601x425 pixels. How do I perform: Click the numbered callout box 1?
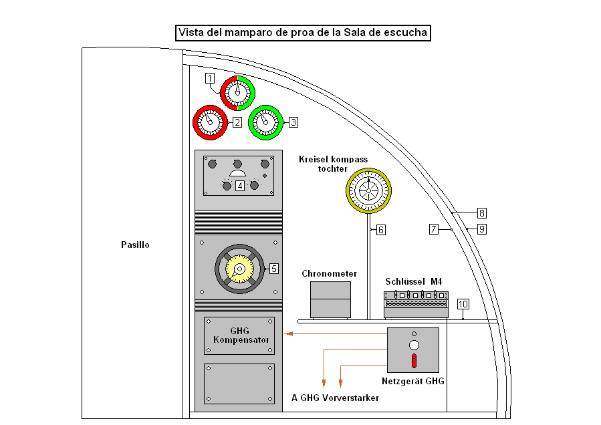pyautogui.click(x=210, y=78)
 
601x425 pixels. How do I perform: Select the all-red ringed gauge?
pyautogui.click(x=210, y=122)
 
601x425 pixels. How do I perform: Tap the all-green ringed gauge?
pyautogui.click(x=266, y=122)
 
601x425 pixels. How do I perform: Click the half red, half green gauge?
pyautogui.click(x=237, y=92)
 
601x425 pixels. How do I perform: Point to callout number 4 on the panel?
pyautogui.click(x=239, y=186)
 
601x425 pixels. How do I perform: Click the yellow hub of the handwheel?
pyautogui.click(x=239, y=269)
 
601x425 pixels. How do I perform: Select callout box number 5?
pyautogui.click(x=273, y=269)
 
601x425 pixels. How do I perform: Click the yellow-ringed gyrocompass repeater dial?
pyautogui.click(x=368, y=189)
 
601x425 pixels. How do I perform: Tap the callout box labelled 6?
pyautogui.click(x=380, y=230)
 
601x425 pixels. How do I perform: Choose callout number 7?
pyautogui.click(x=434, y=229)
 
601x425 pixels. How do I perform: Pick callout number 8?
pyautogui.click(x=482, y=214)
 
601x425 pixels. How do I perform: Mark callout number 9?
pyautogui.click(x=482, y=229)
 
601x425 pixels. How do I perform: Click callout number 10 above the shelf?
pyautogui.click(x=463, y=304)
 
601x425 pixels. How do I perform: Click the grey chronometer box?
pyautogui.click(x=330, y=299)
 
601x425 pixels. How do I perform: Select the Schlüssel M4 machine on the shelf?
pyautogui.click(x=416, y=303)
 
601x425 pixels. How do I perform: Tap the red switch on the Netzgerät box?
pyautogui.click(x=414, y=362)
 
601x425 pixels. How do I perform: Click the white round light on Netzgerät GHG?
pyautogui.click(x=414, y=345)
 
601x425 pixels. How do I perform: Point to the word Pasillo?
pyautogui.click(x=136, y=245)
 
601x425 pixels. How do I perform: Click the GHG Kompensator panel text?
pyautogui.click(x=239, y=335)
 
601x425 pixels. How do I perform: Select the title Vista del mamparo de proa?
pyautogui.click(x=302, y=33)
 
